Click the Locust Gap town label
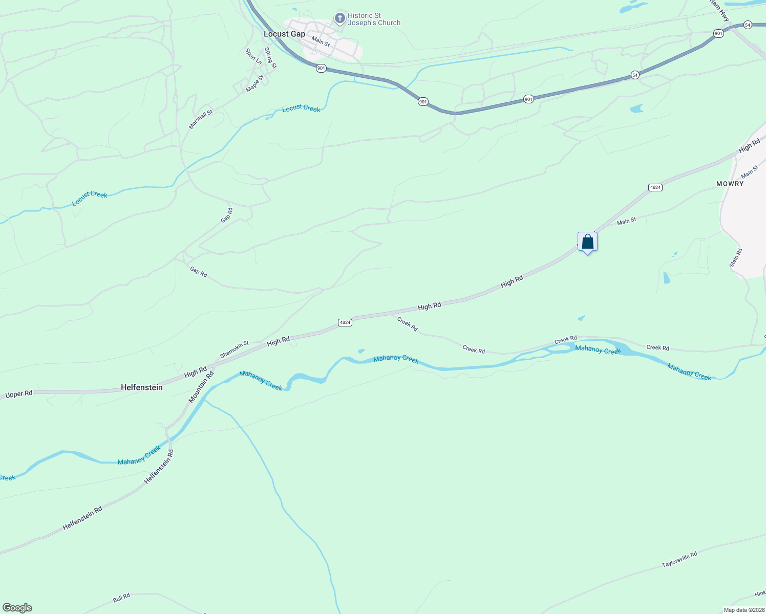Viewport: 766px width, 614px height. point(284,34)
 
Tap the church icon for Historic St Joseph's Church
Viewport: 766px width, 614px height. point(339,19)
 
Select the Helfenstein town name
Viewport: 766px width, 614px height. point(142,388)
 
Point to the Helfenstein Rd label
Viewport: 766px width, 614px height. point(82,518)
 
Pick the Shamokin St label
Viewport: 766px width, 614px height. point(234,349)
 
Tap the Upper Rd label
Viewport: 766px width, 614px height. point(18,394)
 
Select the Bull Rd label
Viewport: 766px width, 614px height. point(121,598)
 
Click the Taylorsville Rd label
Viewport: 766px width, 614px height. point(679,559)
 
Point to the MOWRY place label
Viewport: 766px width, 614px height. point(730,184)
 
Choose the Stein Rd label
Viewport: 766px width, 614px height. point(735,258)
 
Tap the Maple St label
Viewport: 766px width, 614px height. point(254,84)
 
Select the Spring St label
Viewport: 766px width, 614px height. point(270,58)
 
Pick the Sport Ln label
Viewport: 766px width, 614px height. point(253,56)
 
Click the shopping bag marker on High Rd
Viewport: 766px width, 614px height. point(587,242)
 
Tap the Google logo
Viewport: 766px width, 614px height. point(17,608)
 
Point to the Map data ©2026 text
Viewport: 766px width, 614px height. point(743,610)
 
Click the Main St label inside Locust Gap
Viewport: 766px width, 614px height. point(321,41)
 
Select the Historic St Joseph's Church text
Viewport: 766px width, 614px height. point(374,19)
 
